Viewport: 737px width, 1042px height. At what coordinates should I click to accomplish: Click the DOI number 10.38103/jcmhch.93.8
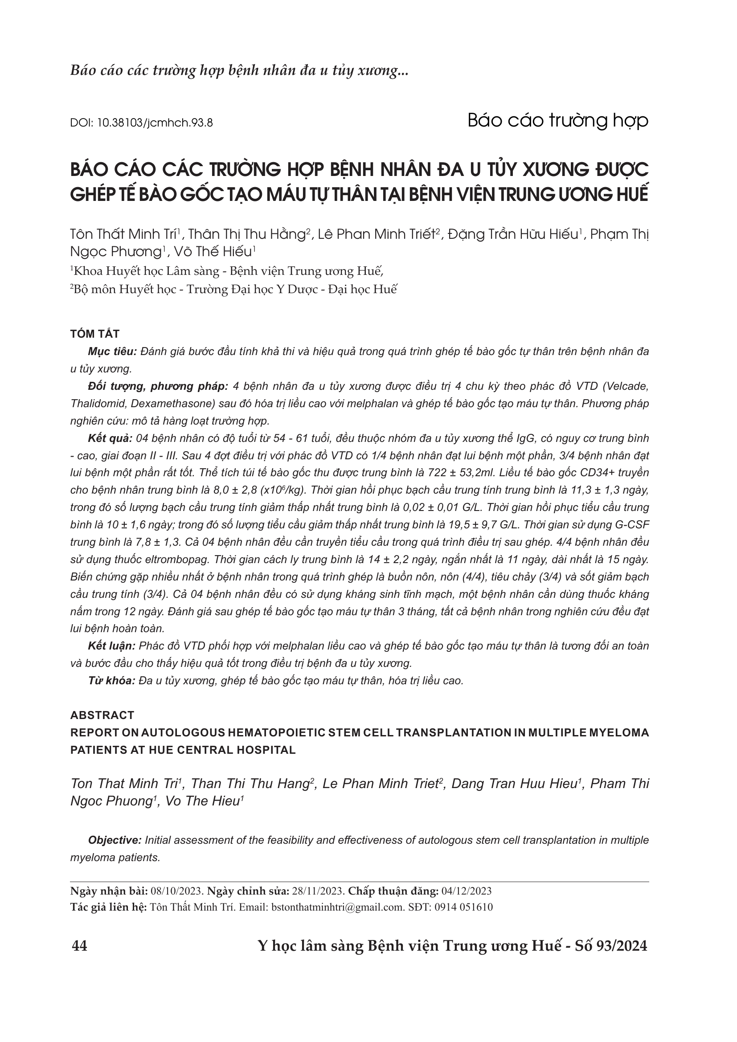[155, 123]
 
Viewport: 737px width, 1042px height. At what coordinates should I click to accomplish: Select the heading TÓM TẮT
[95, 334]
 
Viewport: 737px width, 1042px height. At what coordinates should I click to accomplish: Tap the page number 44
[80, 946]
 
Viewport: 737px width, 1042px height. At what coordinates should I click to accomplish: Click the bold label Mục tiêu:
[112, 352]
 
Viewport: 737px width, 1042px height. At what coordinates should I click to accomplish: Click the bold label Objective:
[115, 840]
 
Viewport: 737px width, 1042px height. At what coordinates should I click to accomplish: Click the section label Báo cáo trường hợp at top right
[558, 121]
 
